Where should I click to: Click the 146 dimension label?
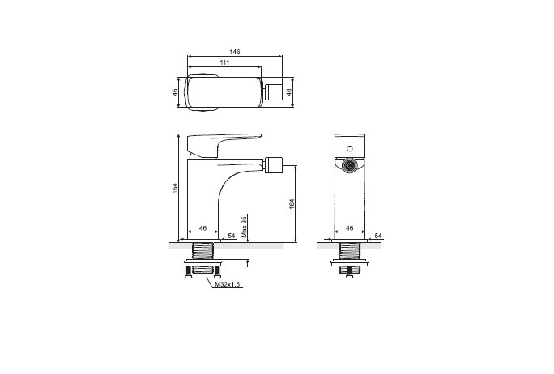[x=235, y=52]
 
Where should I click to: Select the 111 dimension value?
[x=224, y=62]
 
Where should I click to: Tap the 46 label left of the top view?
[x=174, y=92]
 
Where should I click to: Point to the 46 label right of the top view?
[x=288, y=92]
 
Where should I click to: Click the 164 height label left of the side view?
[x=174, y=188]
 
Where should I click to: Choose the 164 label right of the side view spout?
[x=292, y=203]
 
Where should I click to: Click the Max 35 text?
[x=244, y=227]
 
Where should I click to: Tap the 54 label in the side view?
[x=232, y=236]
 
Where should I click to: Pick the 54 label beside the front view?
[x=378, y=236]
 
